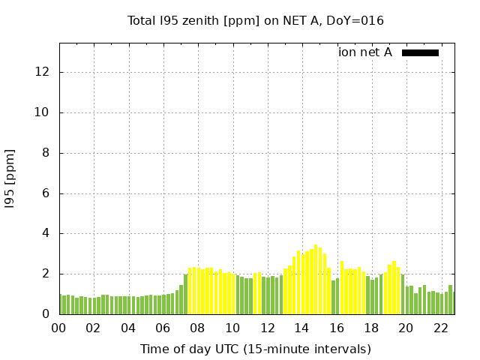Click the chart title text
tap(256, 21)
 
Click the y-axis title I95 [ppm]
tap(10, 179)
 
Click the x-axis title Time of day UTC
tap(256, 349)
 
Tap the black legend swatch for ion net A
tap(420, 52)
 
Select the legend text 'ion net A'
tap(365, 52)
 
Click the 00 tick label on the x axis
tap(59, 328)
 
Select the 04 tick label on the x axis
tap(128, 328)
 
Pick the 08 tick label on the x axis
tap(198, 328)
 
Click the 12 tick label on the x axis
tap(267, 328)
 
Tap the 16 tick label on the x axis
tap(337, 328)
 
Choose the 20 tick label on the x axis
tap(406, 328)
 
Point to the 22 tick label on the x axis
tap(440, 328)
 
